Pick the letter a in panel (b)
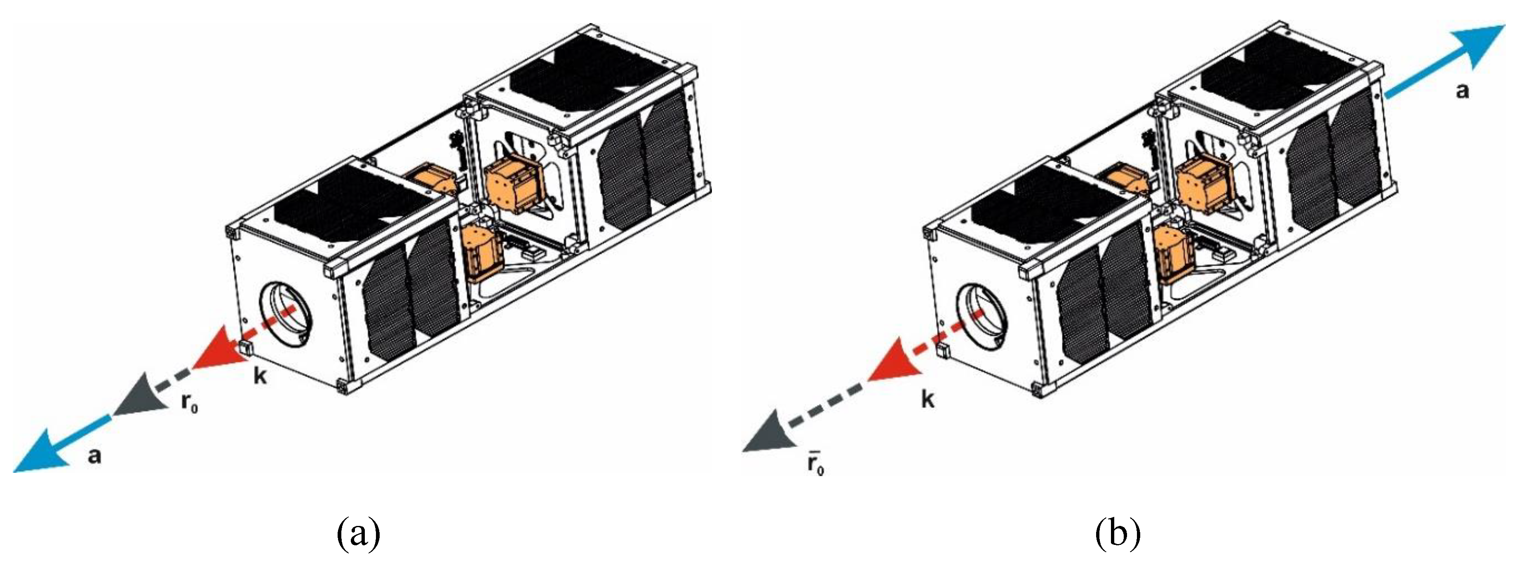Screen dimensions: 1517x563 (1462, 91)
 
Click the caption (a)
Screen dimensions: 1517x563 (359, 535)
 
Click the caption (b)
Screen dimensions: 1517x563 (1118, 535)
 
